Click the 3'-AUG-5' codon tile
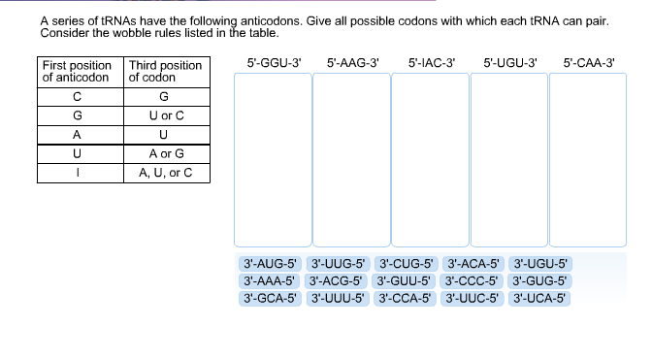[269, 264]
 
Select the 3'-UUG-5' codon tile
[337, 264]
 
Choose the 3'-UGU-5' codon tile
[540, 264]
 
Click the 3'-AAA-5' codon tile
[269, 281]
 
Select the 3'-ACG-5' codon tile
[337, 281]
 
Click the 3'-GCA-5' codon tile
[269, 299]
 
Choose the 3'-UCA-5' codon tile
[540, 299]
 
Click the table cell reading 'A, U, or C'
[165, 174]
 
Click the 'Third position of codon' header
[165, 71]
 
